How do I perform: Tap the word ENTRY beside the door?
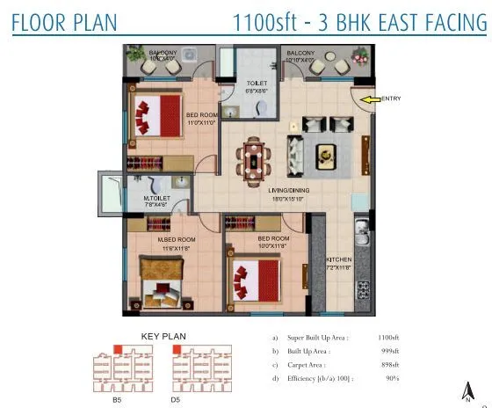pos(391,98)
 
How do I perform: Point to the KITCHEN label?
pos(338,259)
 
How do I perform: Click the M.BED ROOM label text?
pos(176,239)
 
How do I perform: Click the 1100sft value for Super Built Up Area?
pos(387,337)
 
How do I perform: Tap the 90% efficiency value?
pos(391,378)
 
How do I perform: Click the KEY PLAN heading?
pos(163,336)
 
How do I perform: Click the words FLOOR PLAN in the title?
pos(64,20)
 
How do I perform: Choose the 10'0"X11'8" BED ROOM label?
pos(274,242)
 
